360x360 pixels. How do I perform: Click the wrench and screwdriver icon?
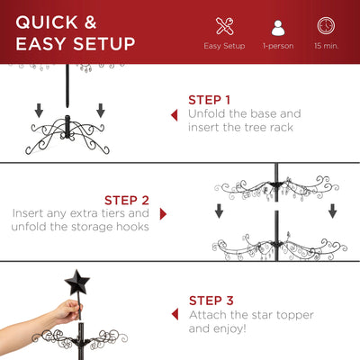coord(224,26)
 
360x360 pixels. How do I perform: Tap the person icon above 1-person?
coord(276,26)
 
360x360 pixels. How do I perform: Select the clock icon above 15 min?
coord(326,26)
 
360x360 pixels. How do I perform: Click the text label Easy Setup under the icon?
coord(224,45)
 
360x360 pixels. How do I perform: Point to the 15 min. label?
coord(326,45)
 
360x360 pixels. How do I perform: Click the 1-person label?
coord(276,45)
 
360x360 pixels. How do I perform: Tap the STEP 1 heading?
coord(210,100)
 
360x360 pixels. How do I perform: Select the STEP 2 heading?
coord(126,199)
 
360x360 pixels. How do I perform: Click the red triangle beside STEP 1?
coord(174,115)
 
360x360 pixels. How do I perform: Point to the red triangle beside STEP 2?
coord(163,214)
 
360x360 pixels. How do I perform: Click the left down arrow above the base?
coord(39,111)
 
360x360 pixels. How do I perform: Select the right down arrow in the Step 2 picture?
coord(332,211)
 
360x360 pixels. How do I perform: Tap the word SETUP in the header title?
coord(100,43)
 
